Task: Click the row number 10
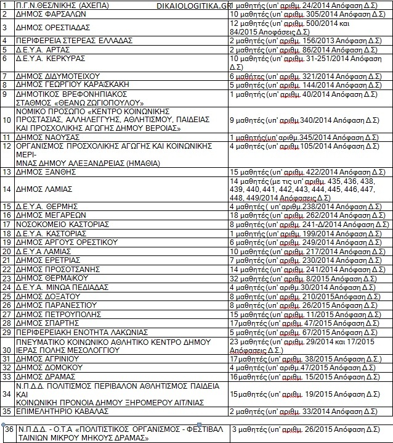point(6,120)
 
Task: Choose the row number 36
point(8,429)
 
